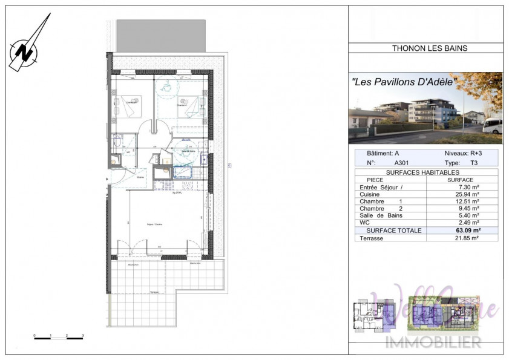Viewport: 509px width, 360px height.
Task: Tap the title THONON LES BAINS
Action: (425, 48)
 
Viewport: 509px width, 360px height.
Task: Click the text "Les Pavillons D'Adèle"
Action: (404, 81)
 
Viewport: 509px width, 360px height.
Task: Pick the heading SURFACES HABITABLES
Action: (426, 172)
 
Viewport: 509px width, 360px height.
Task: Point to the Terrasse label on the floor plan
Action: (155, 292)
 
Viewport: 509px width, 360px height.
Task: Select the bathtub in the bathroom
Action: (181, 172)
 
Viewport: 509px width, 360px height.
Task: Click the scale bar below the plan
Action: (58, 337)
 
